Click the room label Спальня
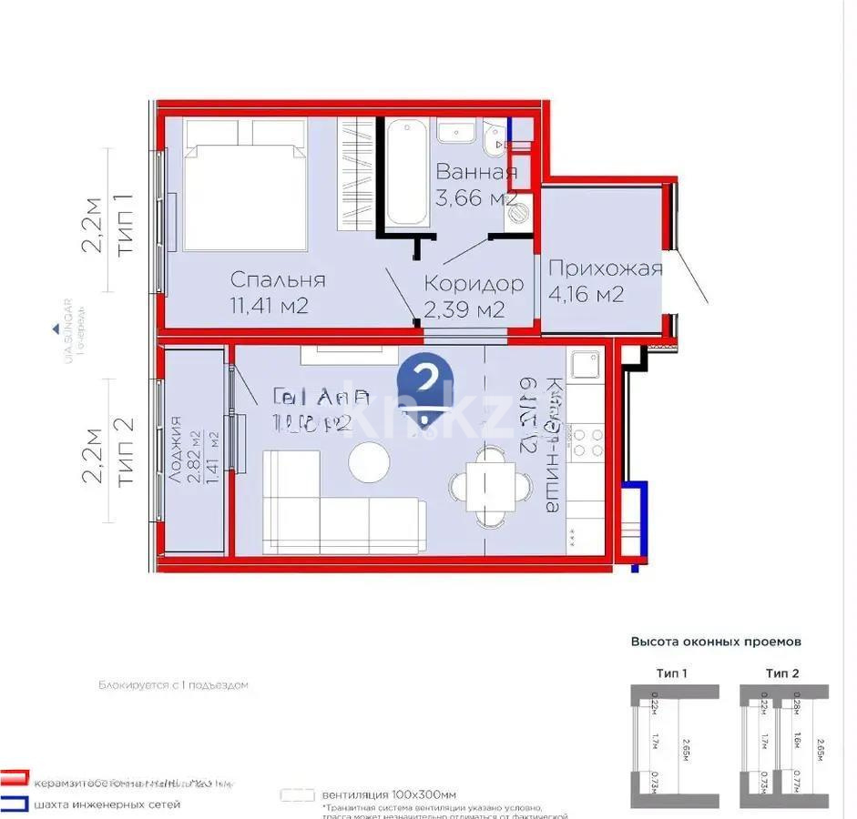click(x=278, y=279)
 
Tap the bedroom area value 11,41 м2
click(x=269, y=306)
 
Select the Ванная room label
click(x=475, y=172)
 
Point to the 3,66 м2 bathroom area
click(x=475, y=198)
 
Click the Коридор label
click(x=474, y=284)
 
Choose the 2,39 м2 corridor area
click(x=464, y=309)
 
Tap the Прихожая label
click(x=605, y=268)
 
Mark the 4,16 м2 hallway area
click(x=586, y=294)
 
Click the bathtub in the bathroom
click(x=405, y=176)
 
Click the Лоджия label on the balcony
click(x=175, y=449)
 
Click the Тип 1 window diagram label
click(x=671, y=672)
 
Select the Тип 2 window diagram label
click(x=781, y=672)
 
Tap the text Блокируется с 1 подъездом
click(x=173, y=684)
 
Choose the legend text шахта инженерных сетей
click(x=107, y=804)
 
